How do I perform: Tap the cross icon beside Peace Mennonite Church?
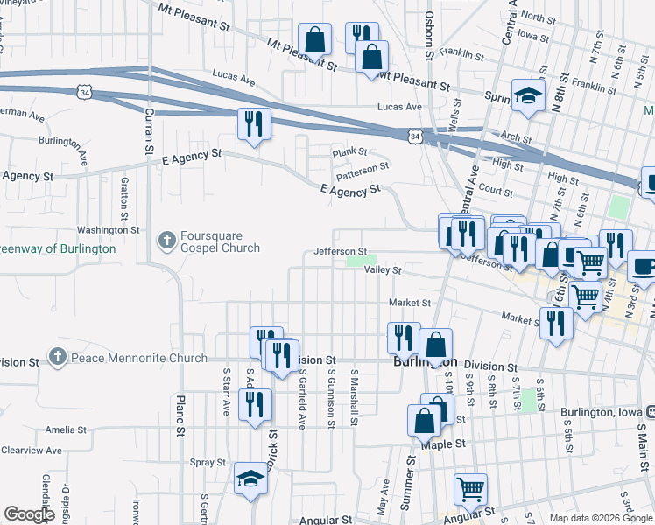[x=57, y=358]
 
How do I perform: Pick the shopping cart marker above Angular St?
[x=470, y=489]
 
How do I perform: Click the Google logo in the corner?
[x=28, y=514]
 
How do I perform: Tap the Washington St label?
[x=109, y=230]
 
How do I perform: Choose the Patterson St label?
[x=362, y=165]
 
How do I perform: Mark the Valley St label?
[x=383, y=271]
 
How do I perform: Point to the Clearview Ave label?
[x=32, y=451]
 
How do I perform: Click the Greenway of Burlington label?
[x=58, y=248]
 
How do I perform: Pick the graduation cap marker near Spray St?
[x=250, y=479]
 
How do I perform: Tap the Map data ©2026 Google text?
[x=601, y=518]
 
